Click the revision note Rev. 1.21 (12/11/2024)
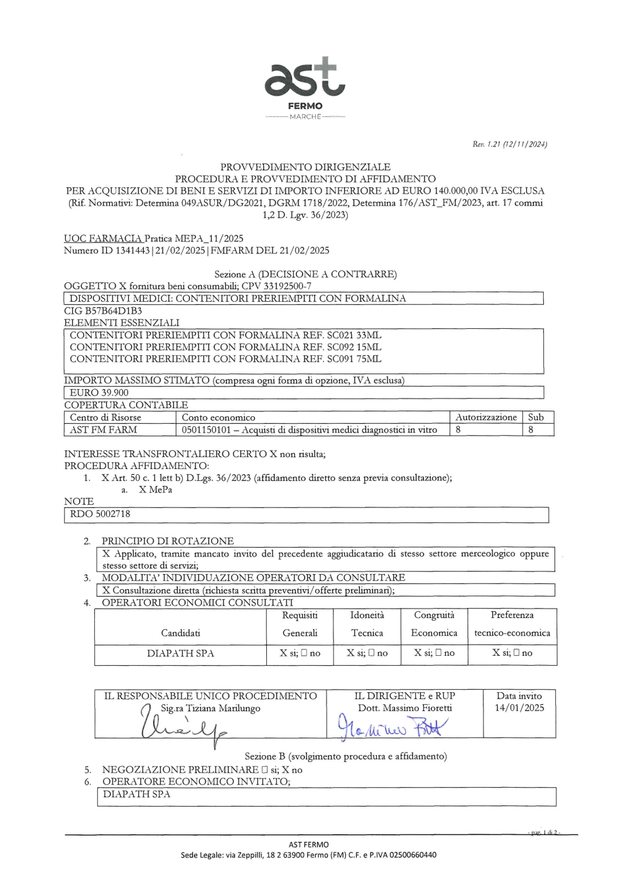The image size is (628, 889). pos(509,145)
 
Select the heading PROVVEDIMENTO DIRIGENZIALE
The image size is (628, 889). pos(305,167)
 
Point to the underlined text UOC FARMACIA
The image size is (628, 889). pos(103,238)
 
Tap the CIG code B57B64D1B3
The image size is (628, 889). pos(114,311)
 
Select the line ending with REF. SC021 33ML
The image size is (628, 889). pos(225,335)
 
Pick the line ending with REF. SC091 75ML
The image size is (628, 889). pos(225,359)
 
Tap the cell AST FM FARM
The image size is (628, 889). pos(103,430)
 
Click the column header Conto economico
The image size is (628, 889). pos(219,417)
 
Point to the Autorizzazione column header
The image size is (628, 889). pos(485,417)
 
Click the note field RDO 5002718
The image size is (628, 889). pos(100,514)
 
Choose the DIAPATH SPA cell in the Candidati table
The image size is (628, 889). pos(180,653)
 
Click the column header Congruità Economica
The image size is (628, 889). pos(434,624)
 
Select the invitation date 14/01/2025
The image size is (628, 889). pos(519,708)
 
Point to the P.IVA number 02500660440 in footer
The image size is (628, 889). pos(413,855)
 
